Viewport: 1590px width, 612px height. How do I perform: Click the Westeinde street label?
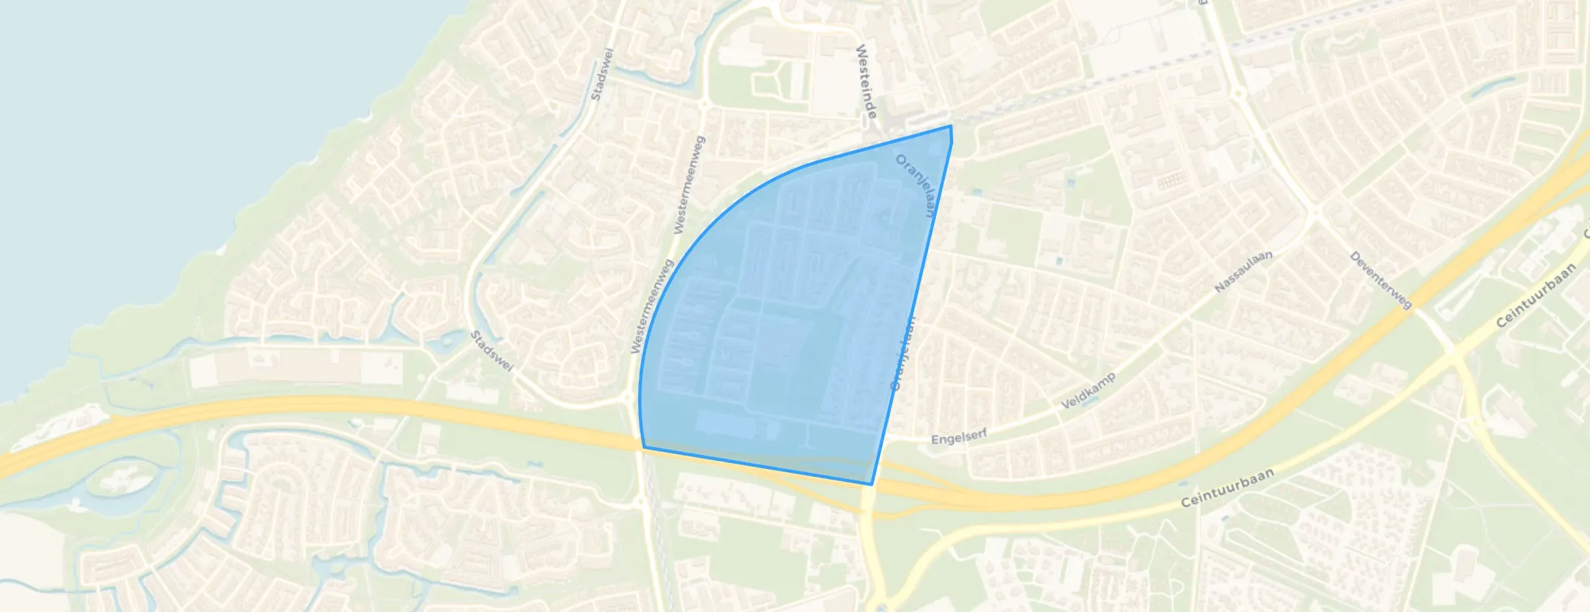tap(865, 81)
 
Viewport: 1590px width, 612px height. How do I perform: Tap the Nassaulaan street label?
tap(1243, 271)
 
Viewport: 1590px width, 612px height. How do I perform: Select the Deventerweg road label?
tap(1381, 280)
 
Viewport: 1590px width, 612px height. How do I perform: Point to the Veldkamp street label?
tap(1087, 391)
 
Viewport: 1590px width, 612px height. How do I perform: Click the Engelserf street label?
tap(959, 437)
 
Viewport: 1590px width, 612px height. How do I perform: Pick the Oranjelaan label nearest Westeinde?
tap(916, 186)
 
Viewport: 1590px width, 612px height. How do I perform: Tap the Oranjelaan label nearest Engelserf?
tap(902, 354)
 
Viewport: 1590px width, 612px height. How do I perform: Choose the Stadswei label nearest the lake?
tap(602, 74)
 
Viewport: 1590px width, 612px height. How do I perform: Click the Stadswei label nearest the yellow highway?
tap(492, 351)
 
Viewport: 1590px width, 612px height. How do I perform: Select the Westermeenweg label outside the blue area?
tap(689, 185)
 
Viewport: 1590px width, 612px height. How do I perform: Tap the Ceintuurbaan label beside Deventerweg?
tap(1535, 295)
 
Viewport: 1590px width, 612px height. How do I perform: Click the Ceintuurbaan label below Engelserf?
tap(1227, 488)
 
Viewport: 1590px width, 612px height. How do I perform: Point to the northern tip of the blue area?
tap(951, 126)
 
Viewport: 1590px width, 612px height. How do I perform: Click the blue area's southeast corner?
tap(871, 484)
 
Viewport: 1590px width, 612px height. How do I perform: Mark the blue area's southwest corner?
tap(643, 448)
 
